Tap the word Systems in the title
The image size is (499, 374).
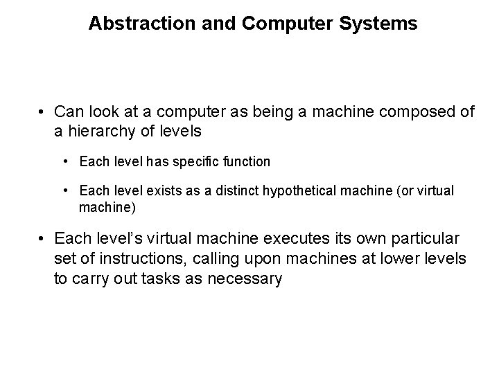coord(384,24)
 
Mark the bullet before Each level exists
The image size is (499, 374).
coord(64,190)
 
